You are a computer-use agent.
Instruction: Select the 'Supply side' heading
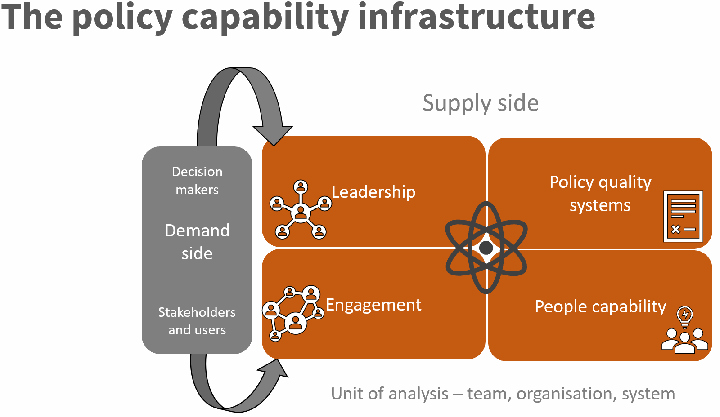click(x=480, y=103)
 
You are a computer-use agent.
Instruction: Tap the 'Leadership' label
click(x=373, y=192)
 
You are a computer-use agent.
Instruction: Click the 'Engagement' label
click(x=373, y=305)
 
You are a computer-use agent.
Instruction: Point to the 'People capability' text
click(x=600, y=306)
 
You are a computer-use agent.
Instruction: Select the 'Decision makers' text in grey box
click(x=197, y=180)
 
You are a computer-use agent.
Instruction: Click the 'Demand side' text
click(x=197, y=242)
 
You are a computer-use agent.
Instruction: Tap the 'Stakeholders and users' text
click(x=197, y=321)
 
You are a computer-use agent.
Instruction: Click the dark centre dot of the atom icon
click(x=486, y=248)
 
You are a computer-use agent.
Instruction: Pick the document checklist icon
click(x=683, y=216)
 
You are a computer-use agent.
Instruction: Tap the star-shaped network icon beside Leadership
click(x=300, y=210)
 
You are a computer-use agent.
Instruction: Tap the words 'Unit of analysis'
click(x=390, y=394)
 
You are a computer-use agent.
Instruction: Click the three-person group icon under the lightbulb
click(x=684, y=341)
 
